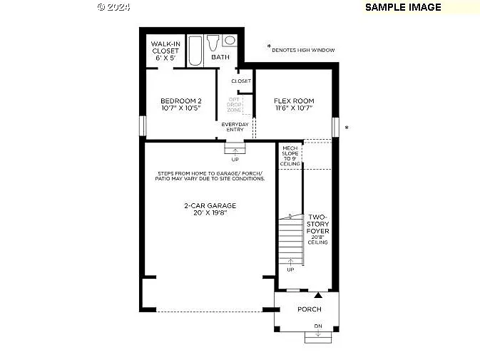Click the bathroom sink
pyautogui.click(x=230, y=41)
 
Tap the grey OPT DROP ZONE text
pyautogui.click(x=235, y=105)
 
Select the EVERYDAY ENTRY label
pyautogui.click(x=235, y=127)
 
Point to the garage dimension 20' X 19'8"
pyautogui.click(x=210, y=213)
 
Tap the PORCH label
pyautogui.click(x=310, y=309)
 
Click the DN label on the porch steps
pyautogui.click(x=318, y=326)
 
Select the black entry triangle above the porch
pyautogui.click(x=318, y=294)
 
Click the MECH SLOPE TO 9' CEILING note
pyautogui.click(x=290, y=156)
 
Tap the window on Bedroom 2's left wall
pyautogui.click(x=143, y=126)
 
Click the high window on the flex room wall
pyautogui.click(x=335, y=127)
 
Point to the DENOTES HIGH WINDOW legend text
pyautogui.click(x=302, y=50)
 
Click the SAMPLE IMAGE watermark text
pyautogui.click(x=403, y=7)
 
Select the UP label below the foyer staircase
pyautogui.click(x=290, y=269)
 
